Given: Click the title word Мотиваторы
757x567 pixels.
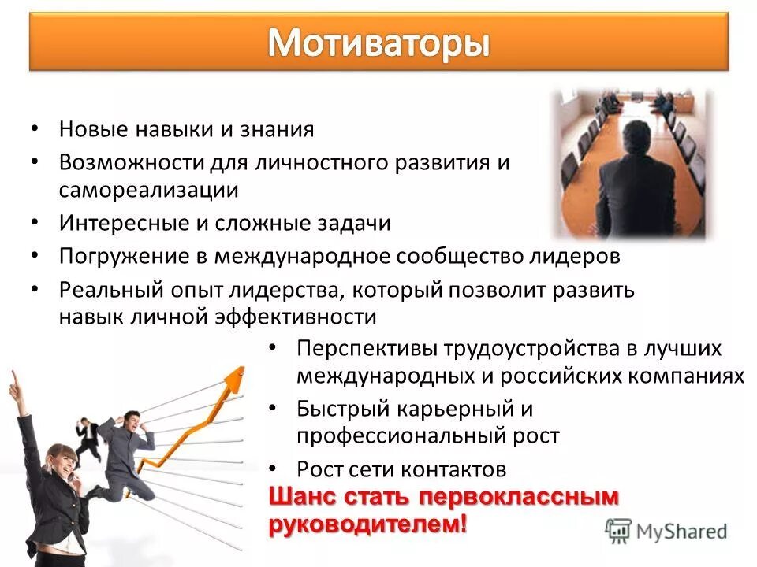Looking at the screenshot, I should pyautogui.click(x=378, y=44).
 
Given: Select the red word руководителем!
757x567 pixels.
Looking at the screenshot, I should pyautogui.click(x=367, y=525).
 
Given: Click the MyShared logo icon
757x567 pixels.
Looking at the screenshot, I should pyautogui.click(x=619, y=530).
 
